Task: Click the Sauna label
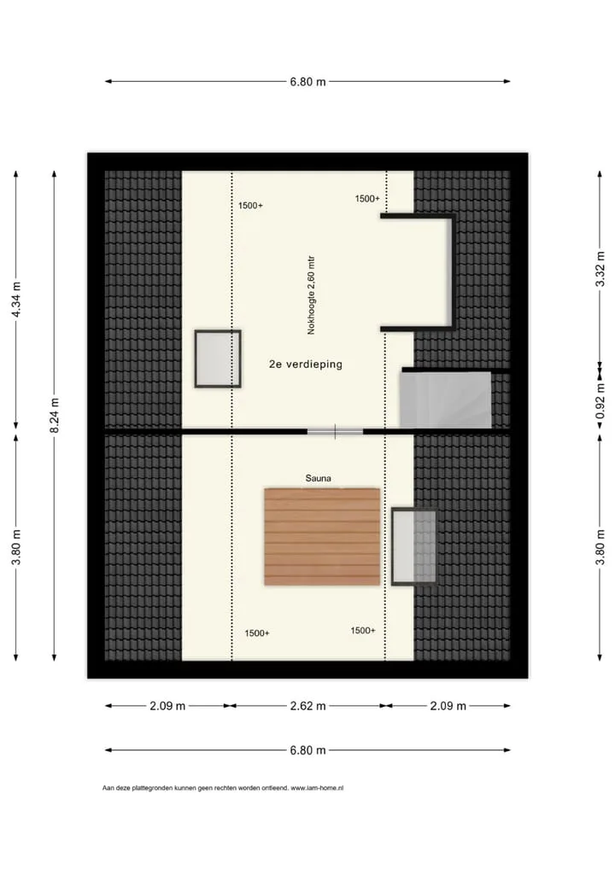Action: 319,478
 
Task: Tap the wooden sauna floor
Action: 322,536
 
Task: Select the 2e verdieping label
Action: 306,365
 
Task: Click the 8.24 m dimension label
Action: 55,416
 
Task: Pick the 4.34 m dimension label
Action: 16,300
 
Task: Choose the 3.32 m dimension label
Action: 600,269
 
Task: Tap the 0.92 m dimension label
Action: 600,401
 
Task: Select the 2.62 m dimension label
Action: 307,706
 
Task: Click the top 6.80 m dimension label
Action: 307,82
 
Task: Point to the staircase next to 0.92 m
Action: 446,400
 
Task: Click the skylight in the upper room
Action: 217,359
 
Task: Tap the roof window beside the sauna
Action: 414,545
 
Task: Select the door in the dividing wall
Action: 336,431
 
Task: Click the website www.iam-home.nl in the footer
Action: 317,788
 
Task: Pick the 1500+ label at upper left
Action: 250,206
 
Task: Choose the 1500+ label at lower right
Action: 363,631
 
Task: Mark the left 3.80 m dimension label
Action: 16,547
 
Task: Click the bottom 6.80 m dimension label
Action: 307,750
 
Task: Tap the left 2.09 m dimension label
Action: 167,706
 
